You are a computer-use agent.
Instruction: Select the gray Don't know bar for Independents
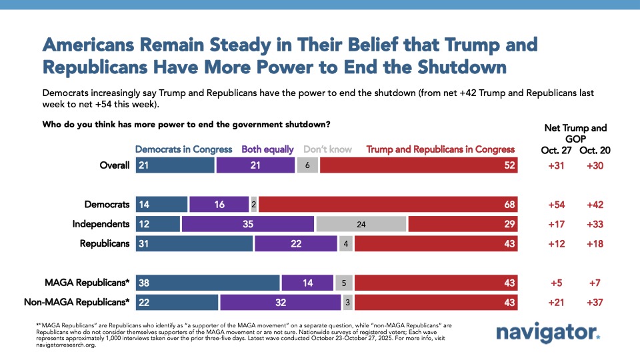[361, 224]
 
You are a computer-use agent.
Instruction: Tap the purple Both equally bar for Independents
[247, 224]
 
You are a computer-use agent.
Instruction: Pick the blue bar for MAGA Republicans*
[207, 283]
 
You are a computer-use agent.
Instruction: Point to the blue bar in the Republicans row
[194, 243]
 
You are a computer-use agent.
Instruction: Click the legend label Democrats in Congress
[183, 149]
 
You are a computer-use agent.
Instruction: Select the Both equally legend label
[267, 149]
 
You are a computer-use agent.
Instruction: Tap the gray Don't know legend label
[329, 149]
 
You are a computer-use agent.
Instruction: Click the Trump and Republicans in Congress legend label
[441, 149]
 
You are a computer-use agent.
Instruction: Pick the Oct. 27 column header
[557, 151]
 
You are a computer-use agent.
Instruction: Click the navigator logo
[547, 333]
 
